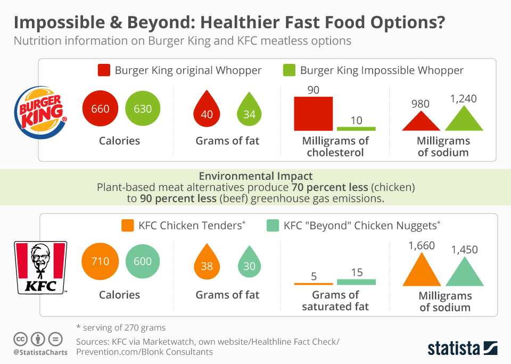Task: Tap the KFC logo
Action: (x=40, y=267)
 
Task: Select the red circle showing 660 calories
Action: (x=100, y=109)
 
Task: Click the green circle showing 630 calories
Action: (x=143, y=109)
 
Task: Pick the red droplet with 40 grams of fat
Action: (x=207, y=112)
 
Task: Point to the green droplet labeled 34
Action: (x=249, y=112)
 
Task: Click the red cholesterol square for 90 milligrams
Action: (x=314, y=113)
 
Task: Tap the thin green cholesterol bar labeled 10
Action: (x=356, y=128)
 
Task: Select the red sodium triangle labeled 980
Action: (x=421, y=122)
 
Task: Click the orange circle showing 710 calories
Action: (x=100, y=261)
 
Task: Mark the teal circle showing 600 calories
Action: (x=143, y=261)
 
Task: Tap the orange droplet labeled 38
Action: (x=207, y=264)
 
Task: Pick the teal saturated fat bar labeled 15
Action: (x=356, y=282)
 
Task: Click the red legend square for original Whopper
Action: (x=104, y=70)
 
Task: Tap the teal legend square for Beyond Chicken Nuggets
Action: (x=273, y=226)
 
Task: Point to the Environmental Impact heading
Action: (x=256, y=176)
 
